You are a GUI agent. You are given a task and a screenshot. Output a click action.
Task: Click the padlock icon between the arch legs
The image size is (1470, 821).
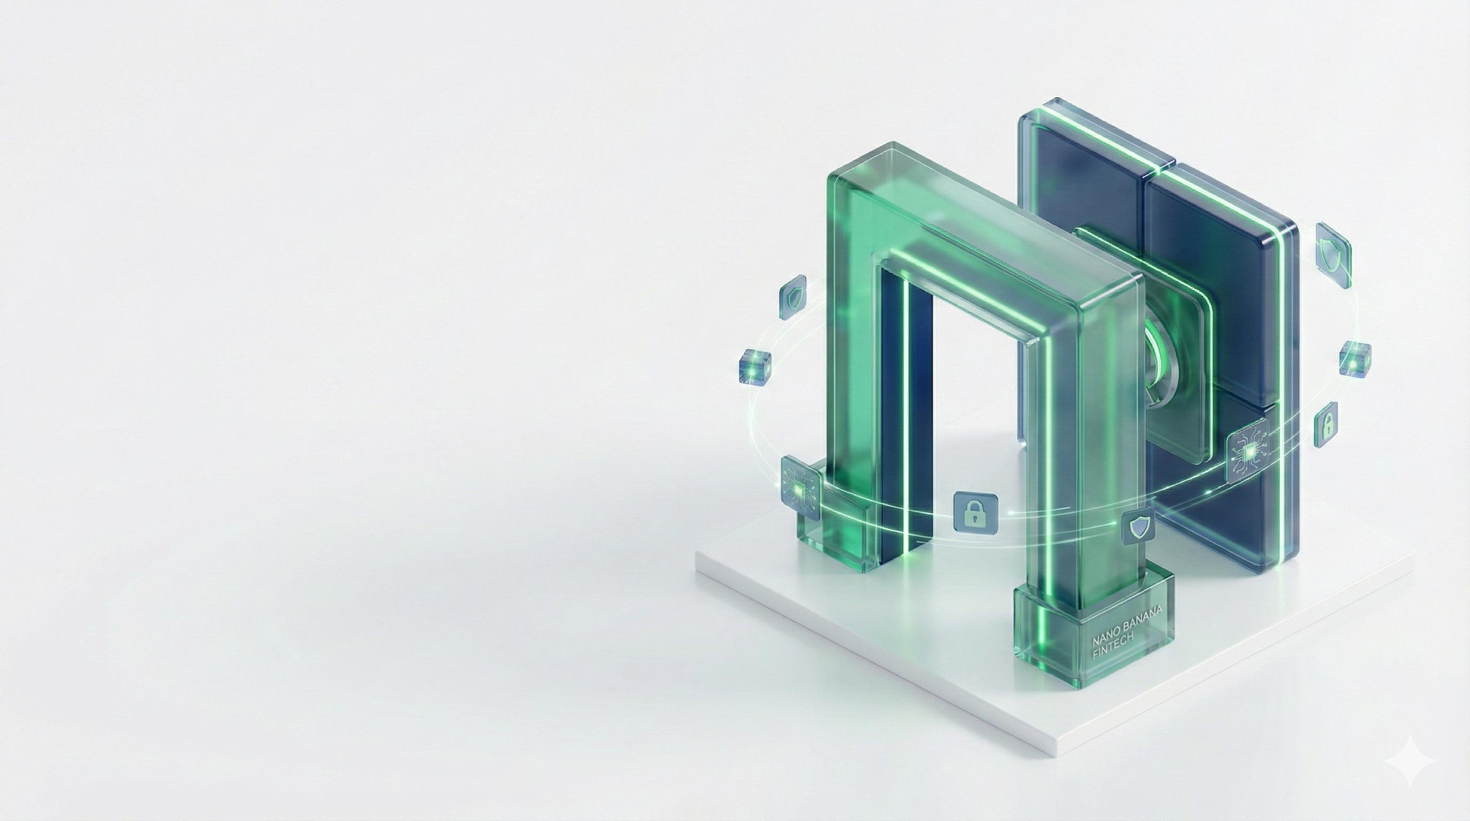click(976, 513)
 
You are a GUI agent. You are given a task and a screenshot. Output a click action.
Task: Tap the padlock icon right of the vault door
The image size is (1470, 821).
click(1326, 425)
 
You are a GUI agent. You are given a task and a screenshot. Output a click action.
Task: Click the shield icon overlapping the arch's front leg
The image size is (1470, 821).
click(1138, 525)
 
